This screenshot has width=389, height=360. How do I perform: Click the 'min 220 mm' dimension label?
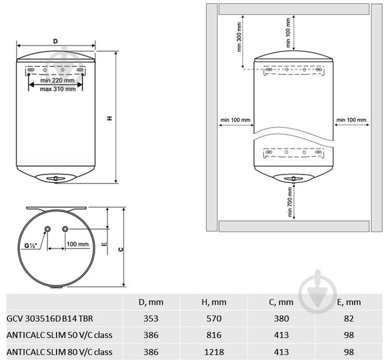coord(56,80)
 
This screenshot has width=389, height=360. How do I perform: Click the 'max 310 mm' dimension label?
coord(56,90)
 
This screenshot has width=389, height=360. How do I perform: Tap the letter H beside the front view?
coord(109,119)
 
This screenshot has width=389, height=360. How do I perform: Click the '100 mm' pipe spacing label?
coord(78,245)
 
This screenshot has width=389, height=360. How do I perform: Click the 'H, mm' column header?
coord(210,302)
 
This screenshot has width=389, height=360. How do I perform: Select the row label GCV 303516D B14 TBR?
coord(47,318)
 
